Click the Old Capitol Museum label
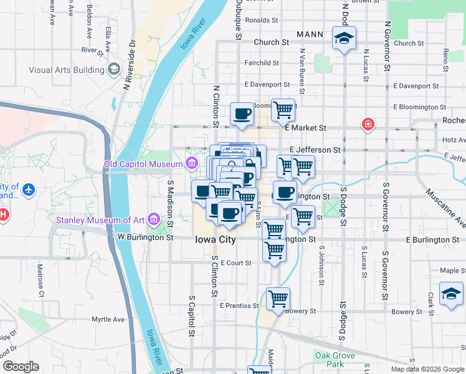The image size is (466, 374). tap(143, 165)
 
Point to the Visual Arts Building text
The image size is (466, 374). tap(67, 70)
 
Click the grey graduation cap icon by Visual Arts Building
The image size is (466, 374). tap(113, 69)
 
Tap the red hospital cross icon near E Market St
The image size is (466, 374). tap(368, 125)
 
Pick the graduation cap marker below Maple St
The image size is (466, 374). tap(451, 294)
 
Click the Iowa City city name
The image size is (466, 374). tap(214, 239)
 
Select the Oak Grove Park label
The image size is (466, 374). tap(335, 360)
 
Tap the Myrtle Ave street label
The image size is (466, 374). tap(108, 319)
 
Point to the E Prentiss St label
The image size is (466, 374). tap(239, 305)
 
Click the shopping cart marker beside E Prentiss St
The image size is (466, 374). tap(278, 297)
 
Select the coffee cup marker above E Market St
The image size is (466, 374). tap(242, 114)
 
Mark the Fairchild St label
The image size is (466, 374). tap(262, 63)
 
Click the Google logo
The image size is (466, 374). tap(21, 367)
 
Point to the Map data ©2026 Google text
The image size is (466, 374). tap(427, 369)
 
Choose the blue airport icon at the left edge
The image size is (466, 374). tap(27, 188)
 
